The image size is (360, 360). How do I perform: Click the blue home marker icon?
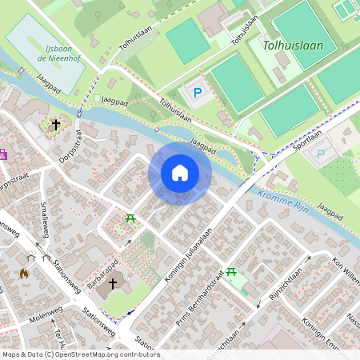click(180, 173)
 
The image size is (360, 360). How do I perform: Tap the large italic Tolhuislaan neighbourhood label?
click(293, 46)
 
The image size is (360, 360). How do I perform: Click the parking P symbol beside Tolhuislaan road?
click(198, 93)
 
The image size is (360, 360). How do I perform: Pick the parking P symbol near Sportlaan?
click(321, 154)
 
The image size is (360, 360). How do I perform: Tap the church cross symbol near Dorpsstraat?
click(56, 125)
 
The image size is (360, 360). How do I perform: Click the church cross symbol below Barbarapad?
click(113, 283)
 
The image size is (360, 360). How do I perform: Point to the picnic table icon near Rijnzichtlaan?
click(231, 273)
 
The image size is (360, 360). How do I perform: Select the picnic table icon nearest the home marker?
click(130, 218)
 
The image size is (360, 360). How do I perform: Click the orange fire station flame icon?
click(24, 273)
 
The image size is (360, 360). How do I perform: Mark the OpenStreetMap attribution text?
click(80, 354)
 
